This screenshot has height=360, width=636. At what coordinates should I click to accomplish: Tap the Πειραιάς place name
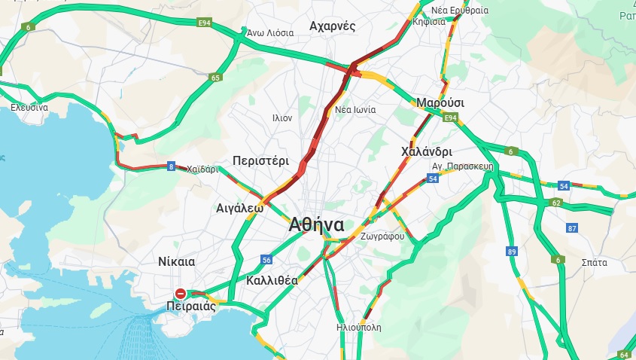191,307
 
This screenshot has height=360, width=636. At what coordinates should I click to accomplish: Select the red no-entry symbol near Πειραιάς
181,293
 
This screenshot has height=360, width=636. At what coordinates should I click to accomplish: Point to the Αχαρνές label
332,26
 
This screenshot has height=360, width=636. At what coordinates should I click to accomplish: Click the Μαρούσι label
440,102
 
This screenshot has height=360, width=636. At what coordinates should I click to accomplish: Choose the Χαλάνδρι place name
426,151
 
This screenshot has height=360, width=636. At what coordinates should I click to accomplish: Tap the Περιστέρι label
260,160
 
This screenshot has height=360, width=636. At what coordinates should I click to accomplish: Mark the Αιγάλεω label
239,207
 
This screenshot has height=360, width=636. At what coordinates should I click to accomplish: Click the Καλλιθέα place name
272,280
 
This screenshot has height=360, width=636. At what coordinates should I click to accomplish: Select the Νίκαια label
177,261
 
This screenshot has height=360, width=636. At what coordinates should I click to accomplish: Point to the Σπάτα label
595,263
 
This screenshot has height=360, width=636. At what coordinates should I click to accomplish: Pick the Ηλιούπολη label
359,328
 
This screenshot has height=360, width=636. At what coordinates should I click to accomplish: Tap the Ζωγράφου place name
382,236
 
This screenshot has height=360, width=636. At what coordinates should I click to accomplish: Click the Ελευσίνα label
29,108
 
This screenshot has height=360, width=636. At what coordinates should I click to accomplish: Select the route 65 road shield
216,77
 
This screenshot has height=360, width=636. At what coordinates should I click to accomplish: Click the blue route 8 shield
172,166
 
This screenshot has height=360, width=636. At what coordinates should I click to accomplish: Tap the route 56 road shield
266,259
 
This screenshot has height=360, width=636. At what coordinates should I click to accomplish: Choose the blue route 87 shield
572,228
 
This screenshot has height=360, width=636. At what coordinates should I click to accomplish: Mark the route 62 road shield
556,203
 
